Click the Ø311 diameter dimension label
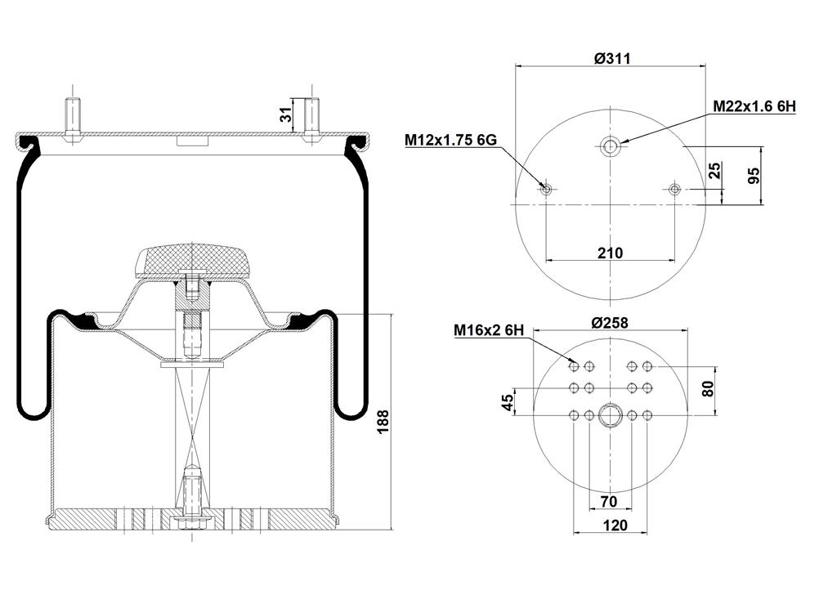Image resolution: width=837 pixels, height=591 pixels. (x=612, y=58)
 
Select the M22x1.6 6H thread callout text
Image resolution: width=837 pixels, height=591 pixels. (x=754, y=107)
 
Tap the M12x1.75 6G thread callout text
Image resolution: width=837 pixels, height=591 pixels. (x=450, y=140)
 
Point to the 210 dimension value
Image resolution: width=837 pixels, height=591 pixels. (x=610, y=253)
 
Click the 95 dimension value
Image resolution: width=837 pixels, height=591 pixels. (x=753, y=176)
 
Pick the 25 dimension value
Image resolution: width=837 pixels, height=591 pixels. (x=714, y=170)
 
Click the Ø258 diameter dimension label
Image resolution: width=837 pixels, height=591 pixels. (x=610, y=322)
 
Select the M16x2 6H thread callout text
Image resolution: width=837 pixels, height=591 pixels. (x=489, y=330)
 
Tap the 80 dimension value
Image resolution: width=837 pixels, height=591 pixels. (x=708, y=388)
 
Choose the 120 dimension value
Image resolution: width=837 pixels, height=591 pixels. (x=615, y=526)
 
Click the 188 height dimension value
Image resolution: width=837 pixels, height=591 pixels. (x=383, y=422)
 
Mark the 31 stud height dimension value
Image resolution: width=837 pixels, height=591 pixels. (x=287, y=114)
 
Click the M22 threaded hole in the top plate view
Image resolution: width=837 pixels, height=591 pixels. (x=610, y=146)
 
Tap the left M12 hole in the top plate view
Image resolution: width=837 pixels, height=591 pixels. (x=546, y=189)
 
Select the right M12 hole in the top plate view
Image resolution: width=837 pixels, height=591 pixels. (x=674, y=189)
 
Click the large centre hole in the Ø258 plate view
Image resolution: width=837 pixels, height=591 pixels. (x=610, y=414)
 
